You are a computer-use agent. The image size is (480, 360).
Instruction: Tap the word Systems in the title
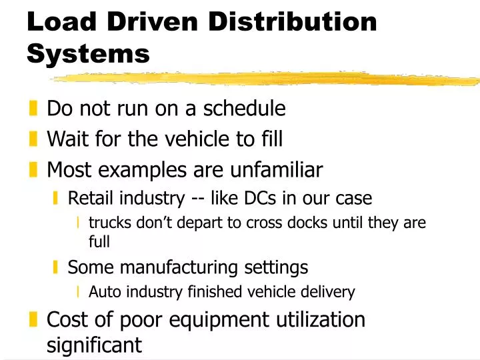click(89, 53)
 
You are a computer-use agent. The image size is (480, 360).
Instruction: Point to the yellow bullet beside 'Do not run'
click(34, 108)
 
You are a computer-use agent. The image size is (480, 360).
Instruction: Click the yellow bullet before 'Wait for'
click(34, 139)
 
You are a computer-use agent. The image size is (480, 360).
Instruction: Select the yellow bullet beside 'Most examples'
click(34, 171)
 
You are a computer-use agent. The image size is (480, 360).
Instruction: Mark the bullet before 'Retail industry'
click(57, 198)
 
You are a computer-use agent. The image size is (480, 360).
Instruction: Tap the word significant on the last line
click(94, 345)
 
